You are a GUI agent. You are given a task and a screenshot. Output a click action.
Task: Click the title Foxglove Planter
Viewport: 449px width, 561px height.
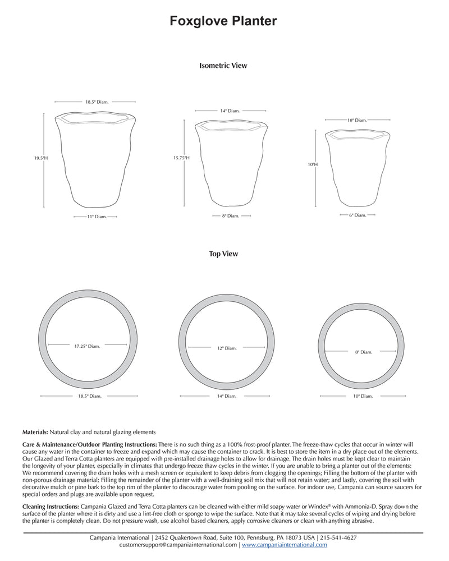tap(223, 21)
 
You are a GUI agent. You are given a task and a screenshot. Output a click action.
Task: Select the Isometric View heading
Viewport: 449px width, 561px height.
tap(223, 66)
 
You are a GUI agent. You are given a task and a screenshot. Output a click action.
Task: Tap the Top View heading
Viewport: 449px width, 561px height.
tap(223, 254)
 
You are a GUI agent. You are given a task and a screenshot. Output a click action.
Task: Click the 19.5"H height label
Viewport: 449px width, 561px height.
tap(41, 159)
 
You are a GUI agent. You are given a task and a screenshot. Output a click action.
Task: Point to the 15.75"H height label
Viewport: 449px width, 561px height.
tap(181, 158)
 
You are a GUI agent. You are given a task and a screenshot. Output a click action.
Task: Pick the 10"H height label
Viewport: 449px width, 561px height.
tap(312, 164)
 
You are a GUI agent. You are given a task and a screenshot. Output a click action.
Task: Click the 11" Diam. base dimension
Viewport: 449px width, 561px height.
tap(97, 217)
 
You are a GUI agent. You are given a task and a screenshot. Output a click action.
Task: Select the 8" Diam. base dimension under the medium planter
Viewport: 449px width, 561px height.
tap(230, 216)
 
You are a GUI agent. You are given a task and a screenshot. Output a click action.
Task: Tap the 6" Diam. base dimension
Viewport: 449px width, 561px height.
tap(357, 215)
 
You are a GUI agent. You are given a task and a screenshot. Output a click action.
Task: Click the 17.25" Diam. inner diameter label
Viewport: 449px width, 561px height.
tap(87, 346)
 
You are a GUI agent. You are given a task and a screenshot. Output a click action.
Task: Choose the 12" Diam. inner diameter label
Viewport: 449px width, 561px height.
tap(227, 348)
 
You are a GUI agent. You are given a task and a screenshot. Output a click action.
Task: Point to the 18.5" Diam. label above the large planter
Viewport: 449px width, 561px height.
tap(97, 102)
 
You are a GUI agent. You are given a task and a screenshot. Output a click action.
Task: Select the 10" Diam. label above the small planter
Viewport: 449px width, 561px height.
tap(357, 121)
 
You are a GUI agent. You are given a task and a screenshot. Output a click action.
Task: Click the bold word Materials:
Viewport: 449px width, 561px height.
tap(35, 433)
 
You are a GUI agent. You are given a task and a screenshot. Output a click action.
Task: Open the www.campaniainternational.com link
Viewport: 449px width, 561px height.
tap(285, 545)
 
